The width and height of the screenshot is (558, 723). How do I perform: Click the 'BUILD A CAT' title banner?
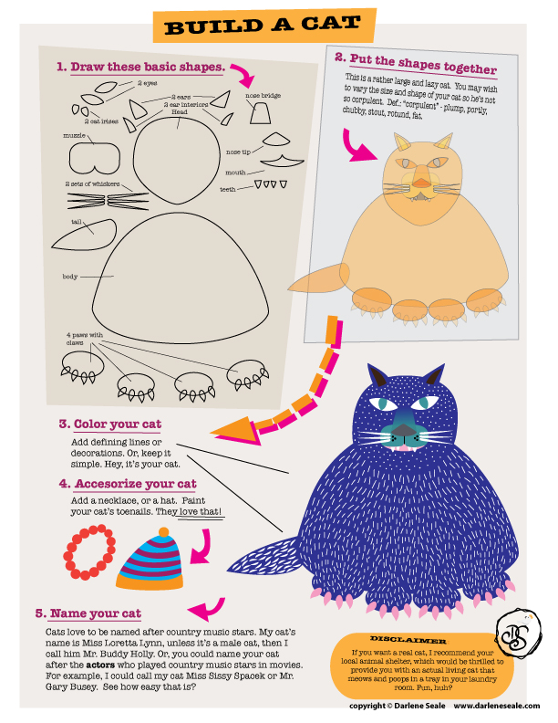click(x=264, y=26)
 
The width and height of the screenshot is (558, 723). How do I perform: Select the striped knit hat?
click(x=150, y=561)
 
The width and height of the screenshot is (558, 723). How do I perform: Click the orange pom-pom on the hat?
click(x=163, y=532)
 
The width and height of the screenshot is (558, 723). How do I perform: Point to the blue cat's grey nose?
click(x=404, y=430)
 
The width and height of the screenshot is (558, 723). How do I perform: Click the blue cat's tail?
click(x=263, y=559)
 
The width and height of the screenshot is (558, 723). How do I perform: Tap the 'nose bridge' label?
click(x=263, y=96)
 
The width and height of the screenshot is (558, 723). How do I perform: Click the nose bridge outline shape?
click(x=260, y=113)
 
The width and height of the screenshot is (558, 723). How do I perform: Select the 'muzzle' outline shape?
click(x=95, y=158)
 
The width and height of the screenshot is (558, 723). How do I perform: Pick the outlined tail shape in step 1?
click(x=85, y=235)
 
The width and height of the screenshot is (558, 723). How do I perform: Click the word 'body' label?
click(x=70, y=277)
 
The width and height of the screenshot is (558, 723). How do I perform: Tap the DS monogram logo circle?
click(x=518, y=633)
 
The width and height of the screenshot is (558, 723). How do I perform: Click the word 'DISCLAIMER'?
click(x=408, y=640)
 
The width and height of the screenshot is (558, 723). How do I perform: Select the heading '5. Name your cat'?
click(x=88, y=613)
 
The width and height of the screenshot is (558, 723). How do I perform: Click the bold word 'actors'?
click(x=100, y=665)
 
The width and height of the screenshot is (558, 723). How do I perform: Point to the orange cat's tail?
click(x=318, y=278)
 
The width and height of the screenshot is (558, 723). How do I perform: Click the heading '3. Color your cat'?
click(x=110, y=424)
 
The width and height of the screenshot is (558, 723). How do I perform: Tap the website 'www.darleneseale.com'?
click(x=497, y=706)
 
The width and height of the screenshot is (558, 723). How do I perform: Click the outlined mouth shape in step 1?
click(x=282, y=161)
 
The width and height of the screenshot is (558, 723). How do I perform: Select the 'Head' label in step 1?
click(x=180, y=111)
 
